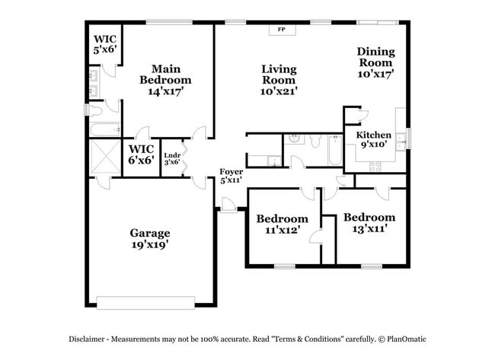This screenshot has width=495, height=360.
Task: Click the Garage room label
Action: pyautogui.click(x=149, y=238)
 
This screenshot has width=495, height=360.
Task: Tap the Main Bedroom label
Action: pyautogui.click(x=165, y=79)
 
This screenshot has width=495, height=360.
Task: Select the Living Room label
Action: pyautogui.click(x=279, y=79)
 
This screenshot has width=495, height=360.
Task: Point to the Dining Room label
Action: pyautogui.click(x=376, y=63)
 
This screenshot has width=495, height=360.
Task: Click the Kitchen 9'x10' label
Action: pyautogui.click(x=374, y=139)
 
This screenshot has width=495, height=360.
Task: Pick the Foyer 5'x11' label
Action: pyautogui.click(x=231, y=176)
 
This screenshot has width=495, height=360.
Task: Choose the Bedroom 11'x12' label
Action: pyautogui.click(x=282, y=224)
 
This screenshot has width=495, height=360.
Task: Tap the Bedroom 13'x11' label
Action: pyautogui.click(x=369, y=222)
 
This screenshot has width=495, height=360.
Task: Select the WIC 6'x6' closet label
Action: pyautogui.click(x=142, y=154)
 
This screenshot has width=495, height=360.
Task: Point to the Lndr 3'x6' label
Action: pyautogui.click(x=173, y=158)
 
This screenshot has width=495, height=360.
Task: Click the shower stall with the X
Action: pyautogui.click(x=104, y=158)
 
